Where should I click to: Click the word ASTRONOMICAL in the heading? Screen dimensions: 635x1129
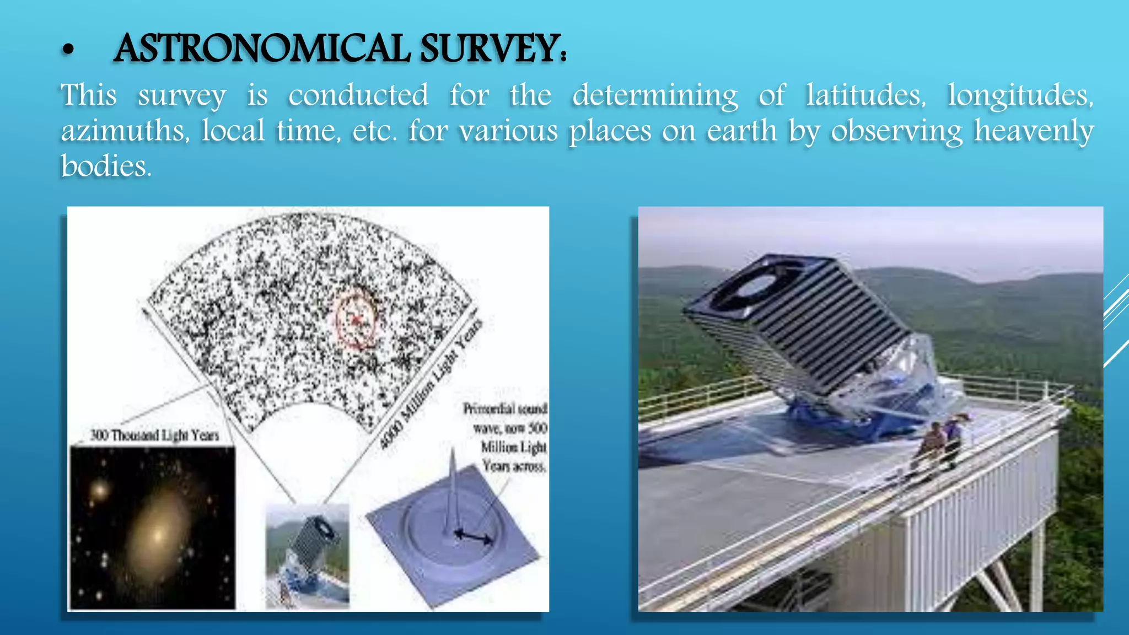(x=262, y=49)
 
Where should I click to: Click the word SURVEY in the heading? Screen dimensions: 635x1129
(x=491, y=49)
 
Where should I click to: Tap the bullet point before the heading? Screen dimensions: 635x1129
(x=68, y=50)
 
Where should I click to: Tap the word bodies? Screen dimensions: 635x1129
(x=105, y=166)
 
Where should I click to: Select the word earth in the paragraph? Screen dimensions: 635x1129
(x=742, y=131)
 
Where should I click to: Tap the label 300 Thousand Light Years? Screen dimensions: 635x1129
(x=155, y=435)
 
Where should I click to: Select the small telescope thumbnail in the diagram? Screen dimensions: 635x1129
(x=308, y=555)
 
